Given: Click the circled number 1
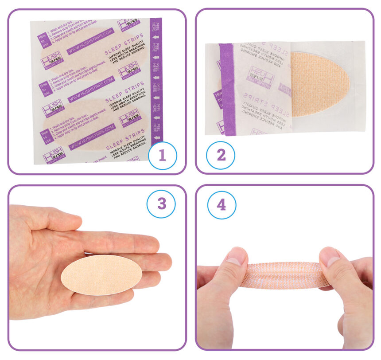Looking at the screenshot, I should [x=162, y=155].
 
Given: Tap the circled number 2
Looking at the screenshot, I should [x=221, y=155].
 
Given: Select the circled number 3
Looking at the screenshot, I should [x=161, y=203].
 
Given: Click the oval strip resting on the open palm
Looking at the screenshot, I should [x=101, y=275].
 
